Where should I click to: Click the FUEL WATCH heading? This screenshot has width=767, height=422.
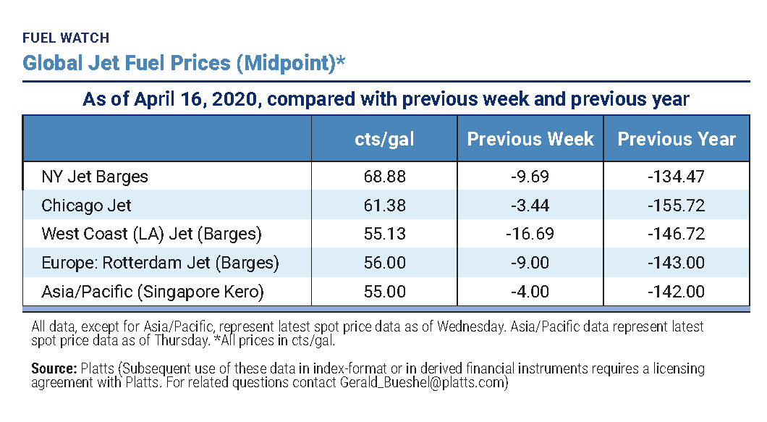coord(66,38)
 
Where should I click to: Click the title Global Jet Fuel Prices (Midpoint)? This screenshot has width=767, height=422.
coord(184,63)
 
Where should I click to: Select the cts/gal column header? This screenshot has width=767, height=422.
coord(384,139)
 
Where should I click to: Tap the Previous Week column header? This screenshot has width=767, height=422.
coord(530,139)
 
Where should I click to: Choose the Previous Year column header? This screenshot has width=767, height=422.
coord(676,139)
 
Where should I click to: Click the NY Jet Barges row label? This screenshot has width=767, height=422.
coord(95,176)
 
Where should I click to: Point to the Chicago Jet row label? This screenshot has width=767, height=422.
coord(86,206)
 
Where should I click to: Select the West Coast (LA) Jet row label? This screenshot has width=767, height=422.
coord(151,234)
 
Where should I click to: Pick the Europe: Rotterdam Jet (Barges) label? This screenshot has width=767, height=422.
coord(160,263)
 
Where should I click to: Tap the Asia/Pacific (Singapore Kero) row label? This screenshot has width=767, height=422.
coord(153,292)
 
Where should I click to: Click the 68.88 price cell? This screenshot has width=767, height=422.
coord(384,176)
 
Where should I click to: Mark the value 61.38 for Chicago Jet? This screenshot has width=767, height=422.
coord(384,206)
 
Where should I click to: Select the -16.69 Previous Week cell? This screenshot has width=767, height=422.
coord(530,234)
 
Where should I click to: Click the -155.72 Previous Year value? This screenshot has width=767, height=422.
coord(676,206)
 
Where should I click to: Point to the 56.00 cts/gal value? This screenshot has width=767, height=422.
coord(384,263)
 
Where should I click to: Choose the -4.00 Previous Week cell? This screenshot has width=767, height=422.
coord(530,292)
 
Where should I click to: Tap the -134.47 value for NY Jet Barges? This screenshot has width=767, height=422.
coord(676,176)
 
